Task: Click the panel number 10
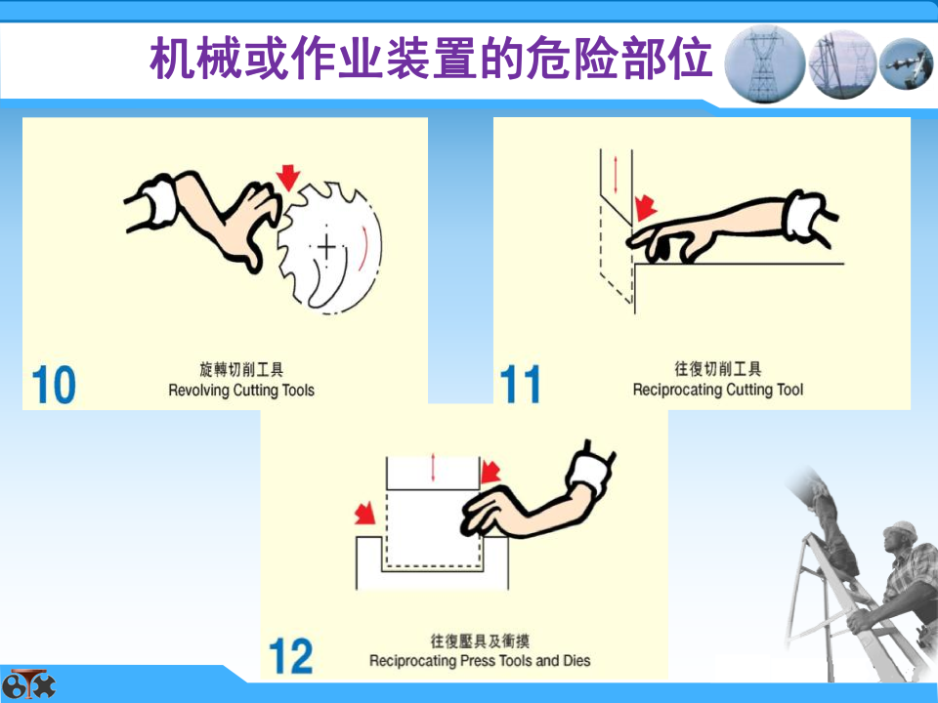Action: pos(54,385)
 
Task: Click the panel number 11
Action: pos(520,385)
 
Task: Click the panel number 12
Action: pos(291,656)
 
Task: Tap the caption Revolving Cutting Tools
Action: pos(241,391)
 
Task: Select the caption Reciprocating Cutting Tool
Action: pos(718,390)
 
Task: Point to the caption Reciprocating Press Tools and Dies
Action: pos(480,661)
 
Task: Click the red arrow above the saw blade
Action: pos(288,178)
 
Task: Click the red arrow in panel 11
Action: pos(645,207)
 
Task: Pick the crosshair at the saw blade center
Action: pos(326,246)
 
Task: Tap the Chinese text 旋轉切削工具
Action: pos(241,369)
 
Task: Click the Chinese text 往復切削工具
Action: pos(718,369)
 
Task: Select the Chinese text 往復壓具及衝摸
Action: pos(480,641)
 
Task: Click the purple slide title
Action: pos(431,58)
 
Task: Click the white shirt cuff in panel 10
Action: pos(159,201)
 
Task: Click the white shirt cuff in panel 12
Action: pos(590,472)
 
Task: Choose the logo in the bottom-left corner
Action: pos(28,684)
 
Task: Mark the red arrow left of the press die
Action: pos(364,514)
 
